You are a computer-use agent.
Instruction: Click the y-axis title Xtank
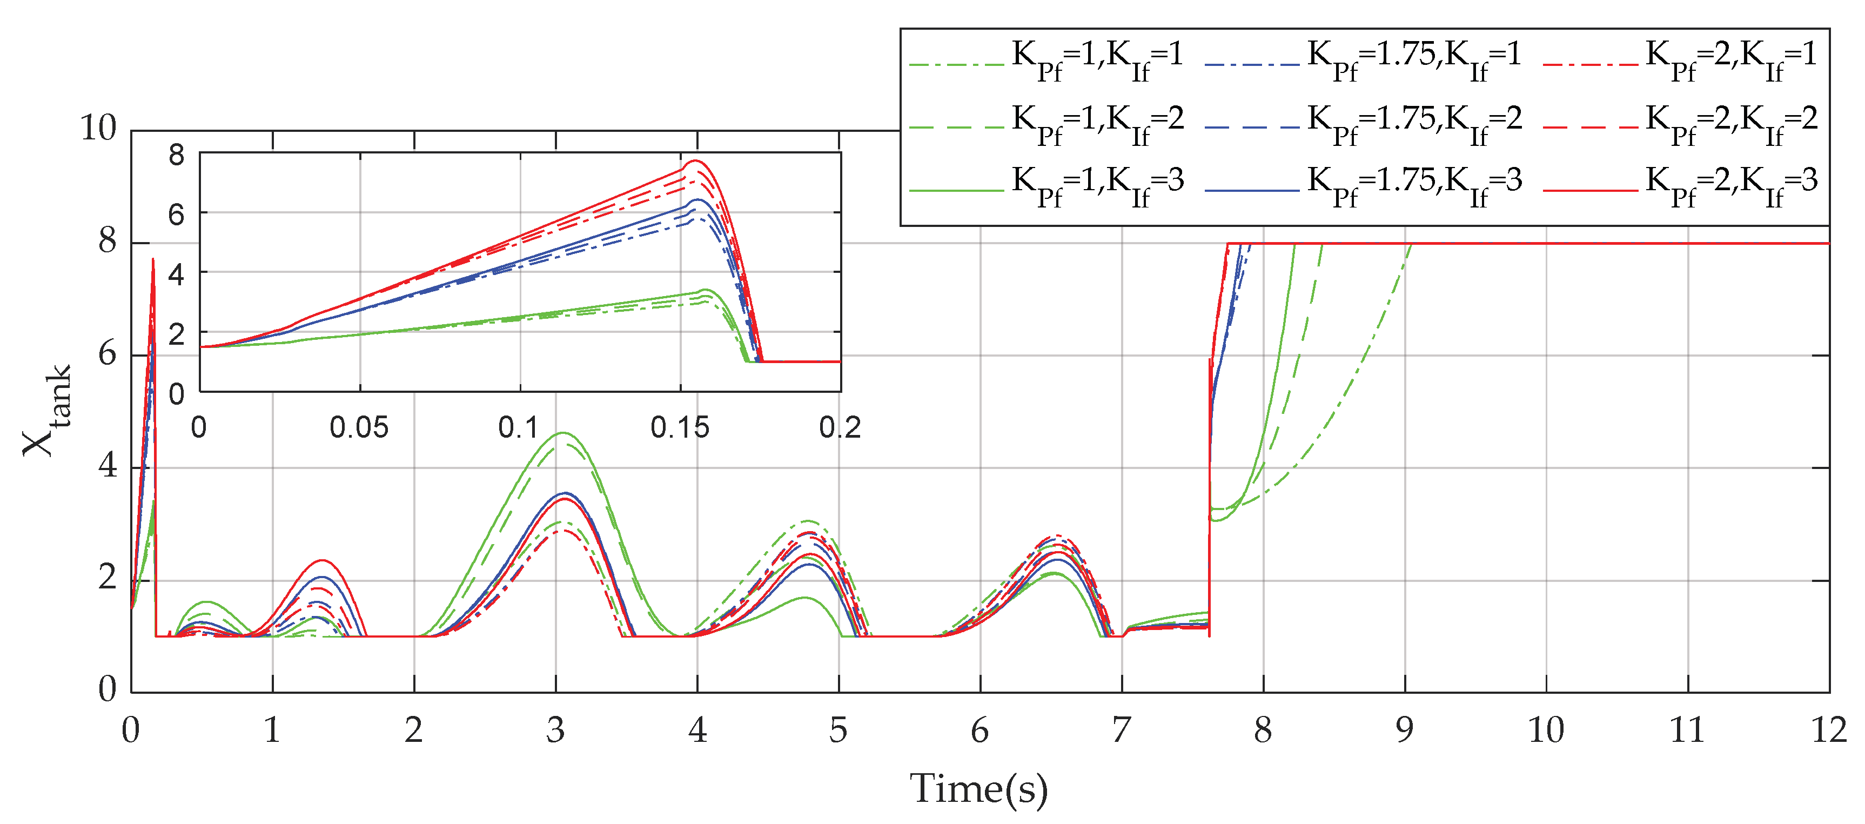pos(48,411)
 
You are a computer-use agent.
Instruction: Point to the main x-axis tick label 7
pos(1122,730)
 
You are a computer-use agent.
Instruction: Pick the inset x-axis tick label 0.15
pos(679,428)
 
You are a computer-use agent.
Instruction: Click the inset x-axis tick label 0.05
pos(359,428)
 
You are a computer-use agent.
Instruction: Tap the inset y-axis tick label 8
pos(177,155)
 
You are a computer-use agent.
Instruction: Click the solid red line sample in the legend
pos(1590,190)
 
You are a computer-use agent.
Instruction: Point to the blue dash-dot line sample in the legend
pos(1252,65)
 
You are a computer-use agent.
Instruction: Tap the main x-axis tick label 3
pos(555,730)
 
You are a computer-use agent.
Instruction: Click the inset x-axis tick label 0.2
pos(840,428)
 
